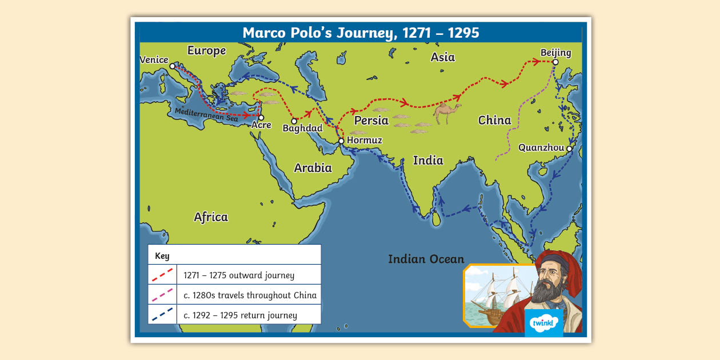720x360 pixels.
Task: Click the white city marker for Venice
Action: [172, 66]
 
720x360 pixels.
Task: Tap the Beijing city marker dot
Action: [555, 63]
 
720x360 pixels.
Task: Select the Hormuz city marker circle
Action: [341, 141]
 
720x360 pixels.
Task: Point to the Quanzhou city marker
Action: [569, 148]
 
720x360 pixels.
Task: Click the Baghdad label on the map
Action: [303, 129]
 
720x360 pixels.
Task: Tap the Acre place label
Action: [261, 125]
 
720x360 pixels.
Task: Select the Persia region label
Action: [371, 121]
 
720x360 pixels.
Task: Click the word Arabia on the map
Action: [313, 168]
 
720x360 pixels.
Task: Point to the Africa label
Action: [210, 217]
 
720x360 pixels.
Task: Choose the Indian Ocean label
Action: [426, 259]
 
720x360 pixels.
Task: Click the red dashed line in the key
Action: [162, 275]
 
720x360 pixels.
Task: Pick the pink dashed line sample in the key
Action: [162, 295]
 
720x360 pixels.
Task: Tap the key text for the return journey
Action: [240, 315]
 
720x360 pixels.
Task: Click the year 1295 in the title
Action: [463, 33]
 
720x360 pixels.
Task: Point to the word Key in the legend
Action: [162, 256]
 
